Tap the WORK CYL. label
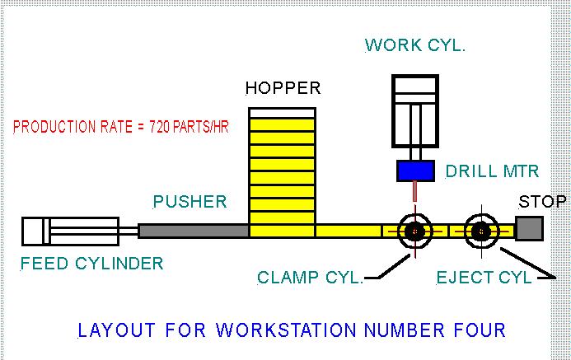(414, 44)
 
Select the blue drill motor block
(416, 171)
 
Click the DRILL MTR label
(492, 172)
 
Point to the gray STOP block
(527, 227)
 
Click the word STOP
(541, 201)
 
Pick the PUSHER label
(190, 202)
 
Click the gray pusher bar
(193, 231)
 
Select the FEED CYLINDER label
(92, 264)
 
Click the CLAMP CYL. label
(310, 278)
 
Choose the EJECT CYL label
(484, 278)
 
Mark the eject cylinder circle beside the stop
(480, 232)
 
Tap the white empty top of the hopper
(282, 112)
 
